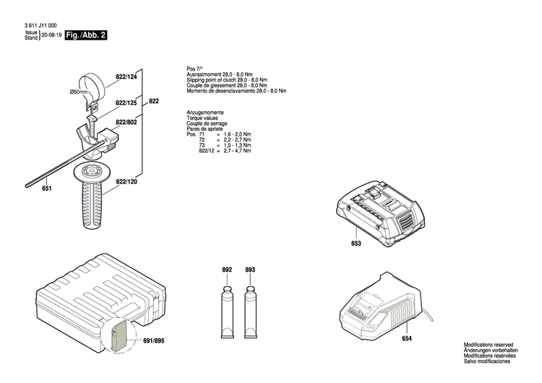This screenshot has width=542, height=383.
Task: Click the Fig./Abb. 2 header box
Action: pos(85,35)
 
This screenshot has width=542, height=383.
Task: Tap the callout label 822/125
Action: pos(126,103)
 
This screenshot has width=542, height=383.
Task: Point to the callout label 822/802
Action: pos(126,123)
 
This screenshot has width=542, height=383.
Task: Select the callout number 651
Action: pos(47,189)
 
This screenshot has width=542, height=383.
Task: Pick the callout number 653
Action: pos(356,244)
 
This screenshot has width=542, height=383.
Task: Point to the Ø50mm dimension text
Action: pos(79,92)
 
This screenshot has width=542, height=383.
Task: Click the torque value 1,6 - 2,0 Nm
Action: pos(237,135)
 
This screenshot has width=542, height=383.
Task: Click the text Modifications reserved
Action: pos(489,346)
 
